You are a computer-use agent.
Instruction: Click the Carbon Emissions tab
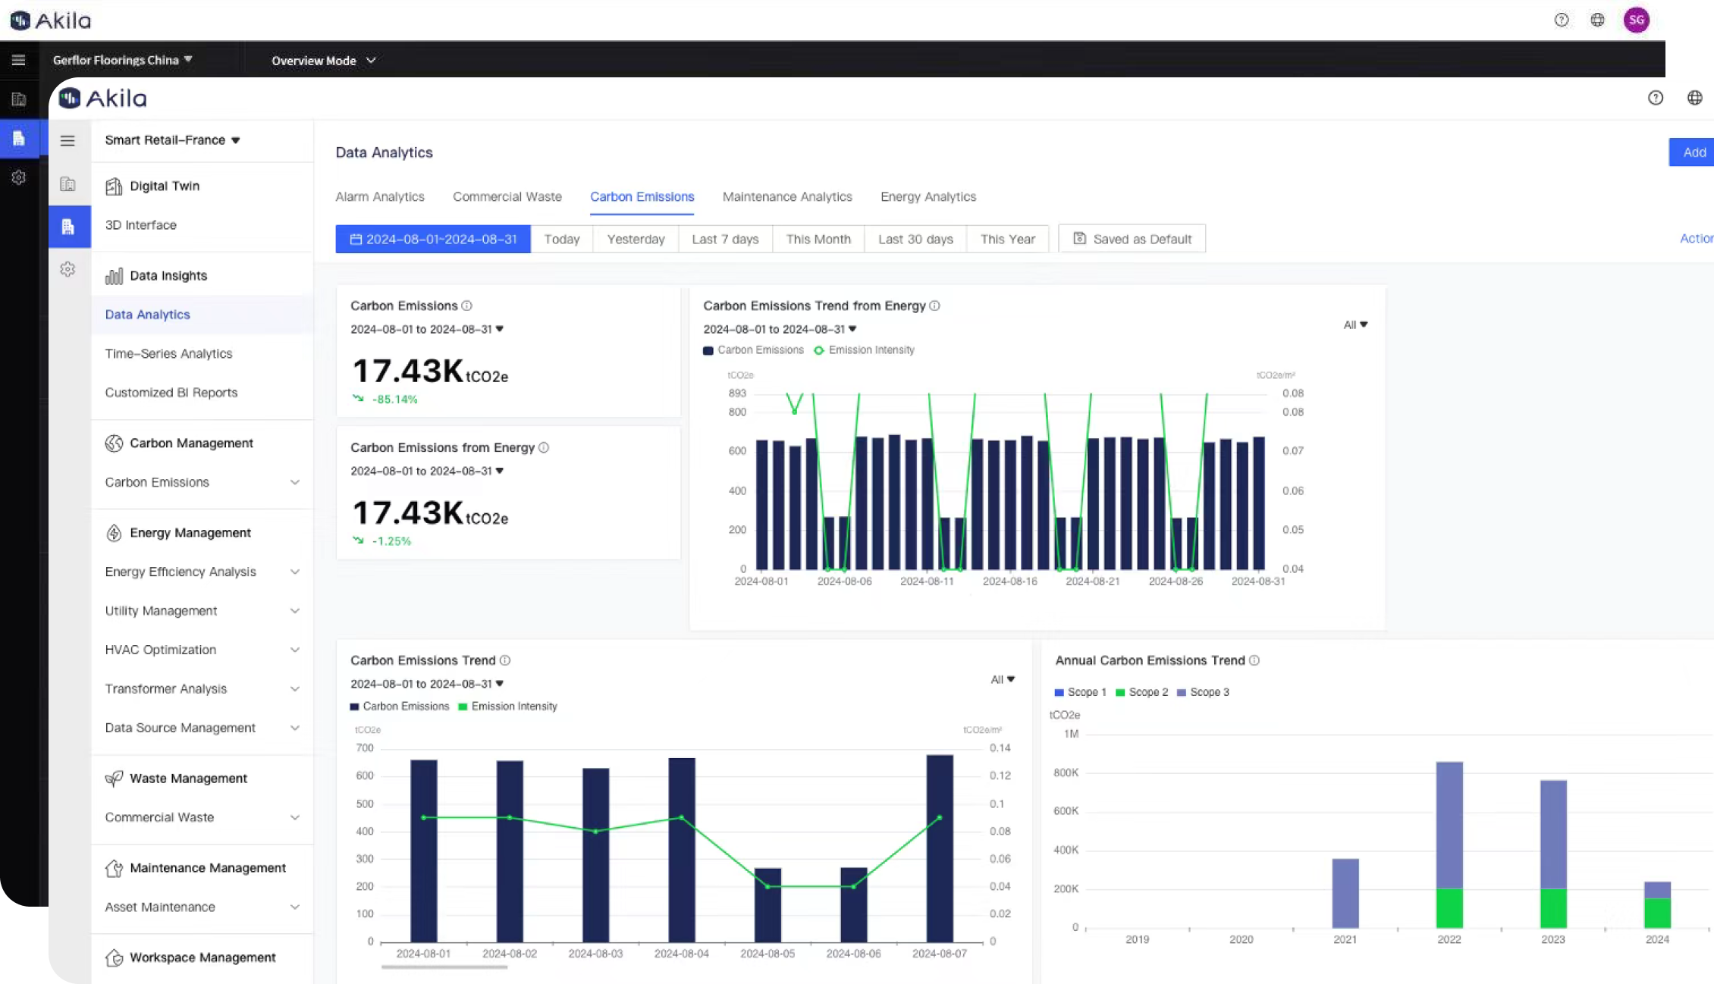pos(642,197)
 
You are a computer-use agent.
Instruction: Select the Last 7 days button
pos(725,240)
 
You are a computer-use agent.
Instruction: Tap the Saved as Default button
pos(1132,240)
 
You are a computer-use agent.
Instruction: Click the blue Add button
pos(1693,152)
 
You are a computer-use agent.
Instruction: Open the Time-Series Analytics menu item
pos(168,354)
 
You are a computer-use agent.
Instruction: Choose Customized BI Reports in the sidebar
pos(171,393)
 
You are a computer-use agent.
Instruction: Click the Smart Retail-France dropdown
pos(172,140)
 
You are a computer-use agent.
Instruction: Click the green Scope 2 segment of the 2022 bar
pos(1449,908)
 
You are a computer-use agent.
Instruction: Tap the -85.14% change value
pos(394,400)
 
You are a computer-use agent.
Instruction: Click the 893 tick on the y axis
pos(737,393)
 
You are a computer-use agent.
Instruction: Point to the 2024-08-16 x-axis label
pos(1009,581)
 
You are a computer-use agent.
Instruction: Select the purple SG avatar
pos(1636,20)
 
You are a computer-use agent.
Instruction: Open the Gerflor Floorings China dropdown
pos(122,60)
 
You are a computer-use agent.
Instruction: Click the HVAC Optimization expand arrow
pos(295,650)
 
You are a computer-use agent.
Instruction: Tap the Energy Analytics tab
pos(928,197)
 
